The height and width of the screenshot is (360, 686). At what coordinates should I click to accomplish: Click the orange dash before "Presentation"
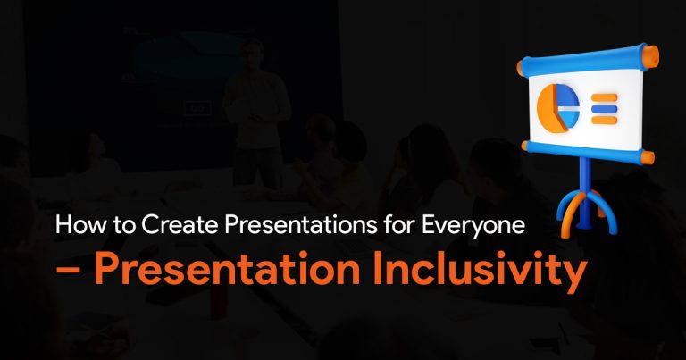point(68,272)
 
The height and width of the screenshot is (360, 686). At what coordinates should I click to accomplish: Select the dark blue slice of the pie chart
point(569,98)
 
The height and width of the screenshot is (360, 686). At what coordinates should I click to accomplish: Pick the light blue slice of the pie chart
point(571,118)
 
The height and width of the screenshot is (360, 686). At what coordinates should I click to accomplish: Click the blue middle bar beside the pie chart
point(604,108)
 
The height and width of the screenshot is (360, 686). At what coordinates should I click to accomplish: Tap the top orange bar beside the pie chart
point(604,97)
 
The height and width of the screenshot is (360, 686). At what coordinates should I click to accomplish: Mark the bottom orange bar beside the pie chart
point(604,120)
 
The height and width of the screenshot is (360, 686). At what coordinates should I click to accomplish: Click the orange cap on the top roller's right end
point(650,56)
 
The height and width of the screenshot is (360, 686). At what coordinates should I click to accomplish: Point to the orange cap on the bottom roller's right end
point(648,157)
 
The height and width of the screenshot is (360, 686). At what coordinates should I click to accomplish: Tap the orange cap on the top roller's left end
point(521,68)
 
